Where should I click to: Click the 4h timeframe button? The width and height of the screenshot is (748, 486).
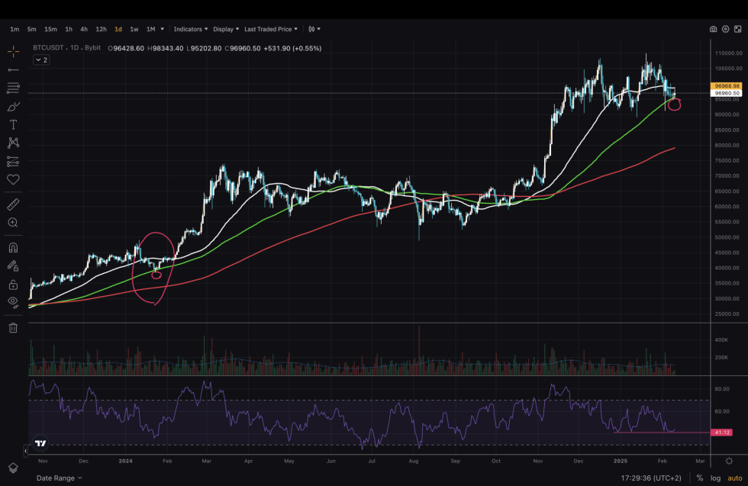tap(84, 29)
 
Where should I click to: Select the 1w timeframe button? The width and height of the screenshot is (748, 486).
tap(134, 29)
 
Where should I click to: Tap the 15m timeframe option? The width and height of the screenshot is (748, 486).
tap(50, 29)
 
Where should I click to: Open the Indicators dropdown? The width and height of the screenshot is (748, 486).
tap(190, 29)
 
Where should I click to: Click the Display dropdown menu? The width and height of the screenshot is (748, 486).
tap(226, 29)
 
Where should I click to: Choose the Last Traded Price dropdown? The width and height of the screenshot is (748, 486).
tap(271, 29)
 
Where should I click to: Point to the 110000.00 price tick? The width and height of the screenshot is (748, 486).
tap(729, 53)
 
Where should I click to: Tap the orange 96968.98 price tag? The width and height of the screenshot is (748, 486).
tap(726, 86)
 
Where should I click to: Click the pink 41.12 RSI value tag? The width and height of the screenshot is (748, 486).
tap(721, 433)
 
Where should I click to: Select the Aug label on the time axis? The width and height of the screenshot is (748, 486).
tap(414, 461)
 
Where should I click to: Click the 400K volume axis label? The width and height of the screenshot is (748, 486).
tap(721, 340)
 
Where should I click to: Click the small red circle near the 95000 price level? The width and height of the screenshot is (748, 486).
tap(674, 104)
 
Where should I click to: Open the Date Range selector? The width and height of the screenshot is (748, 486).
tap(59, 478)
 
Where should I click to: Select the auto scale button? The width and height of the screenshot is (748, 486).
tap(734, 478)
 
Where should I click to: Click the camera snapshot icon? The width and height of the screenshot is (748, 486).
tap(713, 29)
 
